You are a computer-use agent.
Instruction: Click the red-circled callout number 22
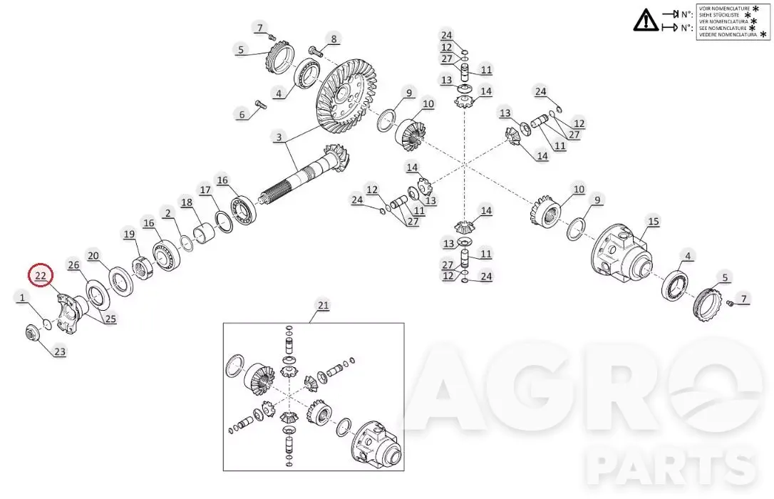coord(41,276)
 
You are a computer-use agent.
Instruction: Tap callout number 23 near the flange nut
coord(60,352)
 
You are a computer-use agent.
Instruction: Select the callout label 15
coord(654,222)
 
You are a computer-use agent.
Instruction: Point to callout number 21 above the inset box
coord(323,306)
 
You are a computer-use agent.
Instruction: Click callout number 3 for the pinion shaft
coord(279,137)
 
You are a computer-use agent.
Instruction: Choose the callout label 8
coord(334,39)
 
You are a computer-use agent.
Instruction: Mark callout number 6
coord(242,115)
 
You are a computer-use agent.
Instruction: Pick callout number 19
coord(129,234)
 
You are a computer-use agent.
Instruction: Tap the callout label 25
coord(110,319)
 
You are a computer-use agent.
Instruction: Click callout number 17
coord(205,190)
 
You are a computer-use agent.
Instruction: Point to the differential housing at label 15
coord(621,252)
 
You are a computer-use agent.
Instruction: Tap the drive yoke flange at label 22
coord(71,312)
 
